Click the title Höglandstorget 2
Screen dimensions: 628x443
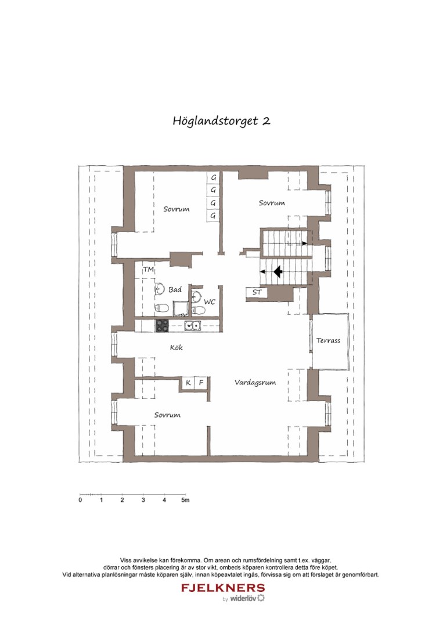(221, 121)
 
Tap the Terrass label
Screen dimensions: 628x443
(329, 341)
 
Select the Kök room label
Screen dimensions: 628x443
(177, 348)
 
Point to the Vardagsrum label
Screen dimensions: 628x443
(255, 383)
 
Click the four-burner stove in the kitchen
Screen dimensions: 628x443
(162, 326)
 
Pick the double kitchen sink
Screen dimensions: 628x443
(192, 326)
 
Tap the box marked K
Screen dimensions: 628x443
(189, 383)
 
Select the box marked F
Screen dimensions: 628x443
(201, 383)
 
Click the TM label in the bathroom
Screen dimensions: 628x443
(149, 270)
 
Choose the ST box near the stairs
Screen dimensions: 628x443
(257, 292)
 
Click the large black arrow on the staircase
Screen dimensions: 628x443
(278, 271)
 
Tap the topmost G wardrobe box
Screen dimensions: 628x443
(214, 177)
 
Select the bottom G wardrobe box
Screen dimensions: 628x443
(214, 216)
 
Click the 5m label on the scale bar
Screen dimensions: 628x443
(185, 500)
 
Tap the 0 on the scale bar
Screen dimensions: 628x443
(80, 500)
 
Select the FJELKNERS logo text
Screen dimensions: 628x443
(223, 588)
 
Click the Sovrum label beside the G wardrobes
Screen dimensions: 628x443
(176, 209)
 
